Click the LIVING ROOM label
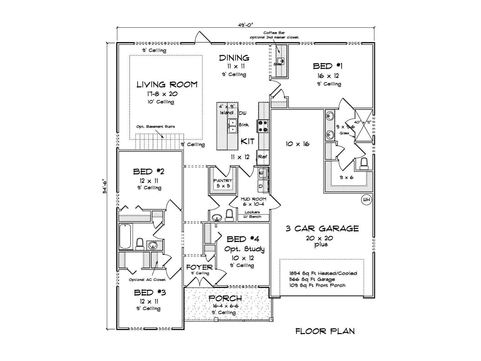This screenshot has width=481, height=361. tap(167, 85)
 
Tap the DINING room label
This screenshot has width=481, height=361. tap(234, 57)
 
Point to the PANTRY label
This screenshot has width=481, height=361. tap(223, 180)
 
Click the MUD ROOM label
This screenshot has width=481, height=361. tap(253, 199)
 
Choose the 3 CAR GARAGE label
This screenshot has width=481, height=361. tap(322, 229)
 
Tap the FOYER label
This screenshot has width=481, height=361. tap(199, 267)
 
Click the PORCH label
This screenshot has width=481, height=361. tap(225, 298)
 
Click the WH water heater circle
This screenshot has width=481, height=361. tap(366, 199)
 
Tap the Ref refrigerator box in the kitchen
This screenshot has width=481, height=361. tap(262, 157)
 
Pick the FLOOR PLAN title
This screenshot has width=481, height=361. tap(325, 332)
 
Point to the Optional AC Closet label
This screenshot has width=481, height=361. tap(147, 280)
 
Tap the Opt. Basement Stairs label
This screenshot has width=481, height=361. tap(155, 127)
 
